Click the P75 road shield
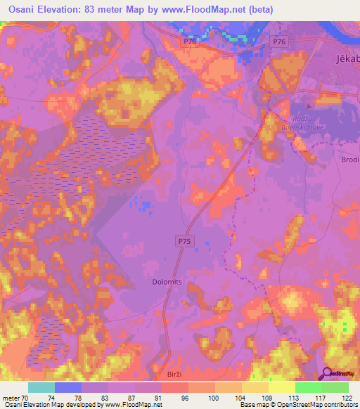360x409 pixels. tap(183, 241)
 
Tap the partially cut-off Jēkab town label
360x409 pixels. tap(345, 61)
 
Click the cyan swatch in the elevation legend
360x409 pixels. tap(41, 387)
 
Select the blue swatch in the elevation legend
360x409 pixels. tap(68, 387)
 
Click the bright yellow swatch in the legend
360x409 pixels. tap(282, 387)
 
